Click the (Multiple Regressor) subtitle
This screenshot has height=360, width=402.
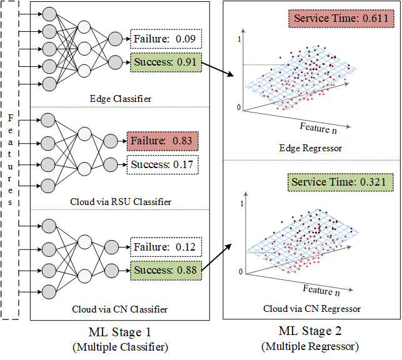coord(311,346)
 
